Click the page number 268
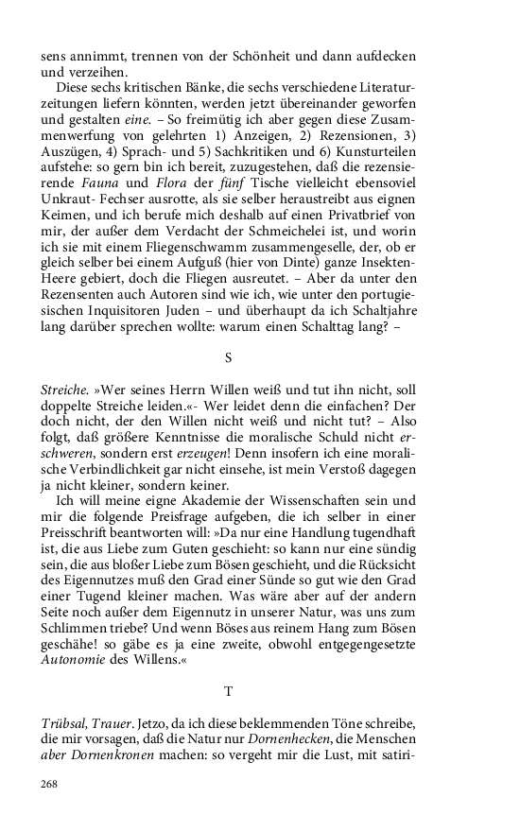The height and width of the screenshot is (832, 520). coord(50,784)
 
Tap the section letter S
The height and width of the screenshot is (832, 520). coord(228,357)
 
